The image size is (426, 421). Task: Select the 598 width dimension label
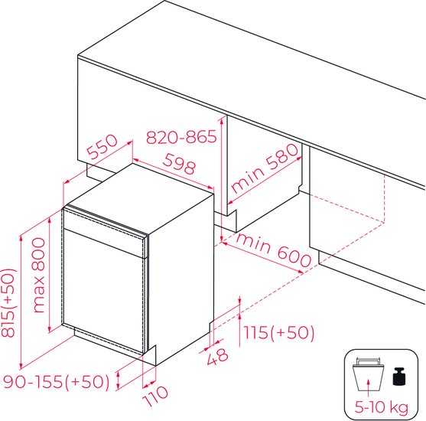click(179, 164)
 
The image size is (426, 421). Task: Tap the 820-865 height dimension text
click(181, 137)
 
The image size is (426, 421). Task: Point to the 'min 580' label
click(265, 168)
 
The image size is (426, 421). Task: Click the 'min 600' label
click(273, 250)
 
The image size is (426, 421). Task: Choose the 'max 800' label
click(38, 276)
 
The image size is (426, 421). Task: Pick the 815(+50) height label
click(8, 303)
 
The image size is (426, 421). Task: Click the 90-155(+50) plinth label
click(57, 381)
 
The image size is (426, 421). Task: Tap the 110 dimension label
click(155, 396)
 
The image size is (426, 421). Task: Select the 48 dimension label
click(218, 357)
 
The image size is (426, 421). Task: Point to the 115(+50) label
click(278, 332)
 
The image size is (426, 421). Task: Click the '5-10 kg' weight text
click(382, 407)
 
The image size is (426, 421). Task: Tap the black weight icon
click(399, 376)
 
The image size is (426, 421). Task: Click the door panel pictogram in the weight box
click(368, 374)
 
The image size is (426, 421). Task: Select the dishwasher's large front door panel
click(103, 291)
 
